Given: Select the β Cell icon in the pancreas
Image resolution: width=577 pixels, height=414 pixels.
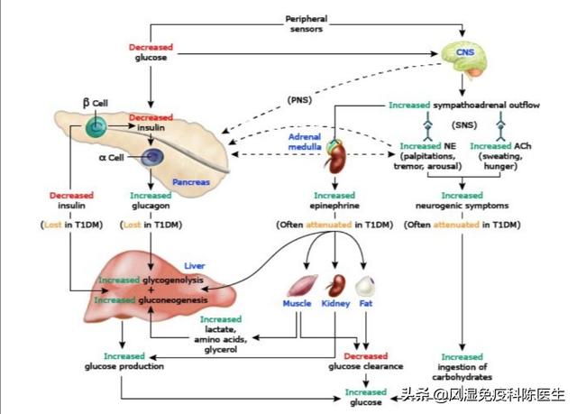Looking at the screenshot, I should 96,130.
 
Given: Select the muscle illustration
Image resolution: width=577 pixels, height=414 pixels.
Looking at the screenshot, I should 299,287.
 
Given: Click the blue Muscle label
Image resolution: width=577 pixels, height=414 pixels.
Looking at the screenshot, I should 298,305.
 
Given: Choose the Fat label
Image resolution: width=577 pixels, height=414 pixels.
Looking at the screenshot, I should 366,305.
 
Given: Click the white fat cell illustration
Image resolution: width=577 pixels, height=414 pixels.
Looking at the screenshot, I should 365,286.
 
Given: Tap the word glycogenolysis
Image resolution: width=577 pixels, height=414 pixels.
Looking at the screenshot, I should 171,281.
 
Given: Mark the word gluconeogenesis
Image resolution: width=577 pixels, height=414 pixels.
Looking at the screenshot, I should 175,299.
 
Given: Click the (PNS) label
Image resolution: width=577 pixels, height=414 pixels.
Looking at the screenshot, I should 300,98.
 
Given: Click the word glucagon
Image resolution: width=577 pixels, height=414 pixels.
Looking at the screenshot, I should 150,207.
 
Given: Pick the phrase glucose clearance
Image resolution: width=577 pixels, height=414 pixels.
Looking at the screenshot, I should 366,368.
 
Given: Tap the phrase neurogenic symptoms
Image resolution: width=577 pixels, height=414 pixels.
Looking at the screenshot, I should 461,207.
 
